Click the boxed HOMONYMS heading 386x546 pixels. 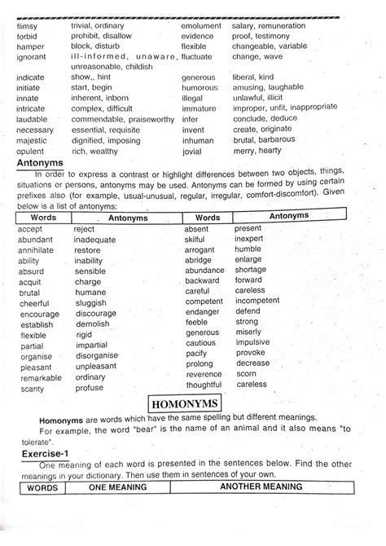(192, 405)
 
